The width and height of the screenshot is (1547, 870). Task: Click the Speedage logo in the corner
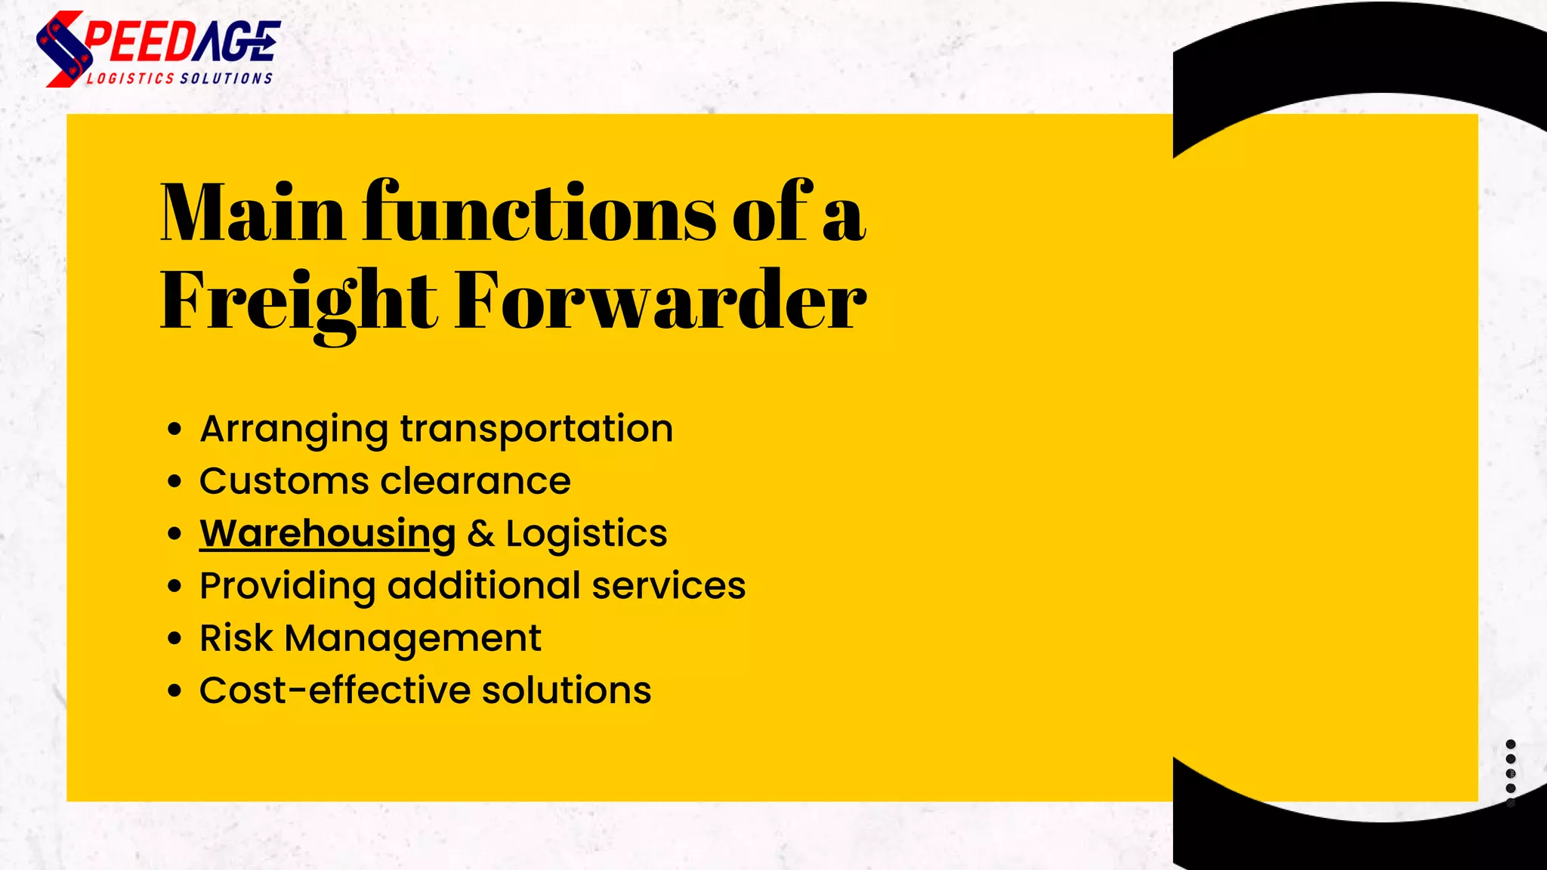tap(158, 48)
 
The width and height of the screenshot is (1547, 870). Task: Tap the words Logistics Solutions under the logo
tap(180, 79)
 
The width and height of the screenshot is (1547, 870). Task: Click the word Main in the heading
tap(252, 213)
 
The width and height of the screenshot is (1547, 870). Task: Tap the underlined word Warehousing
tap(327, 534)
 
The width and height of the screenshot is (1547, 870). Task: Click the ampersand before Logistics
tap(480, 534)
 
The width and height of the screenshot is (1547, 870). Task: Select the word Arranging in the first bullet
tap(294, 430)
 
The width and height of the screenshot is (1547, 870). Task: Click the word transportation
tap(536, 429)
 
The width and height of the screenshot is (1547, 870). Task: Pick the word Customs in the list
tap(284, 481)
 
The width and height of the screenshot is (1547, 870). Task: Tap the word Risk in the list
tap(236, 638)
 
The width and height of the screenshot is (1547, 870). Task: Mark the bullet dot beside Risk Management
tap(175, 639)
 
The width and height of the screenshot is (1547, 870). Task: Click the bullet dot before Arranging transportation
tap(175, 430)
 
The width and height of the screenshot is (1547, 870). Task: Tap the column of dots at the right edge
tap(1511, 773)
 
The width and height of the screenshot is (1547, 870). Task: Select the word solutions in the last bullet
tap(567, 690)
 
